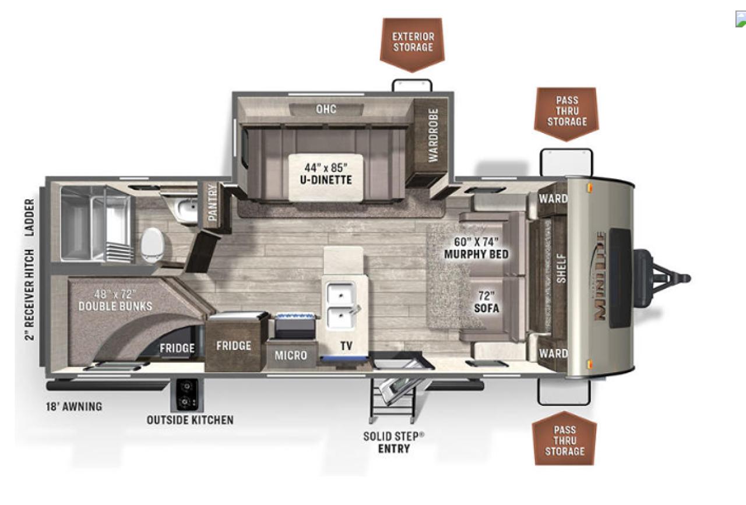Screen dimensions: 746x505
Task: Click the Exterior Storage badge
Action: pos(412,44)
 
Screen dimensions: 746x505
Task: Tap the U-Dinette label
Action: pos(326,174)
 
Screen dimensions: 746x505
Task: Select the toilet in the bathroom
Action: pos(153,244)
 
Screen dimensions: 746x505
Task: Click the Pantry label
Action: pos(212,203)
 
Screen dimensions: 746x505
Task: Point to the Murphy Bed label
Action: pos(476,248)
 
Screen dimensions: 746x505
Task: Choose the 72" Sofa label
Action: pos(487,302)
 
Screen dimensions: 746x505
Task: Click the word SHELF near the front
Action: pos(561,269)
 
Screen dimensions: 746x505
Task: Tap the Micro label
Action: pos(291,355)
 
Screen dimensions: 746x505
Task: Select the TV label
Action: pos(346,346)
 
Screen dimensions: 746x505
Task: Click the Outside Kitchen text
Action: pos(190,420)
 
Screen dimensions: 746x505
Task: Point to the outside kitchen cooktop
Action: pos(186,395)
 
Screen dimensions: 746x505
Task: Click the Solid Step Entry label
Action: pos(393,443)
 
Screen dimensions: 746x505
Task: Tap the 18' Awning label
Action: pos(74,407)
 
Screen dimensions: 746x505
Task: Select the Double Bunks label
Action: pos(115,301)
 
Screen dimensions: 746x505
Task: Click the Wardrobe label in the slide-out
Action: pos(433,136)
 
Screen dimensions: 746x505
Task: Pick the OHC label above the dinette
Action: pos(326,109)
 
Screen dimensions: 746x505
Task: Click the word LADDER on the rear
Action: pos(30,218)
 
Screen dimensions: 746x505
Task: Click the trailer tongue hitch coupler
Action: pos(682,278)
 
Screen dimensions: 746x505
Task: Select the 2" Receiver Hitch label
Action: pos(30,295)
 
